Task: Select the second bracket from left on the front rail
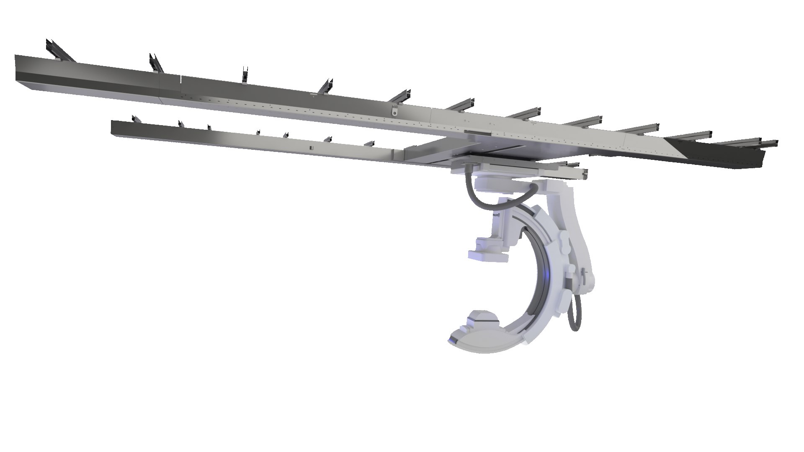155,63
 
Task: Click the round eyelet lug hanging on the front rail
394,112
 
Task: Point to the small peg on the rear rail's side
310,148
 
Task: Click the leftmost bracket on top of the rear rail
135,120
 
